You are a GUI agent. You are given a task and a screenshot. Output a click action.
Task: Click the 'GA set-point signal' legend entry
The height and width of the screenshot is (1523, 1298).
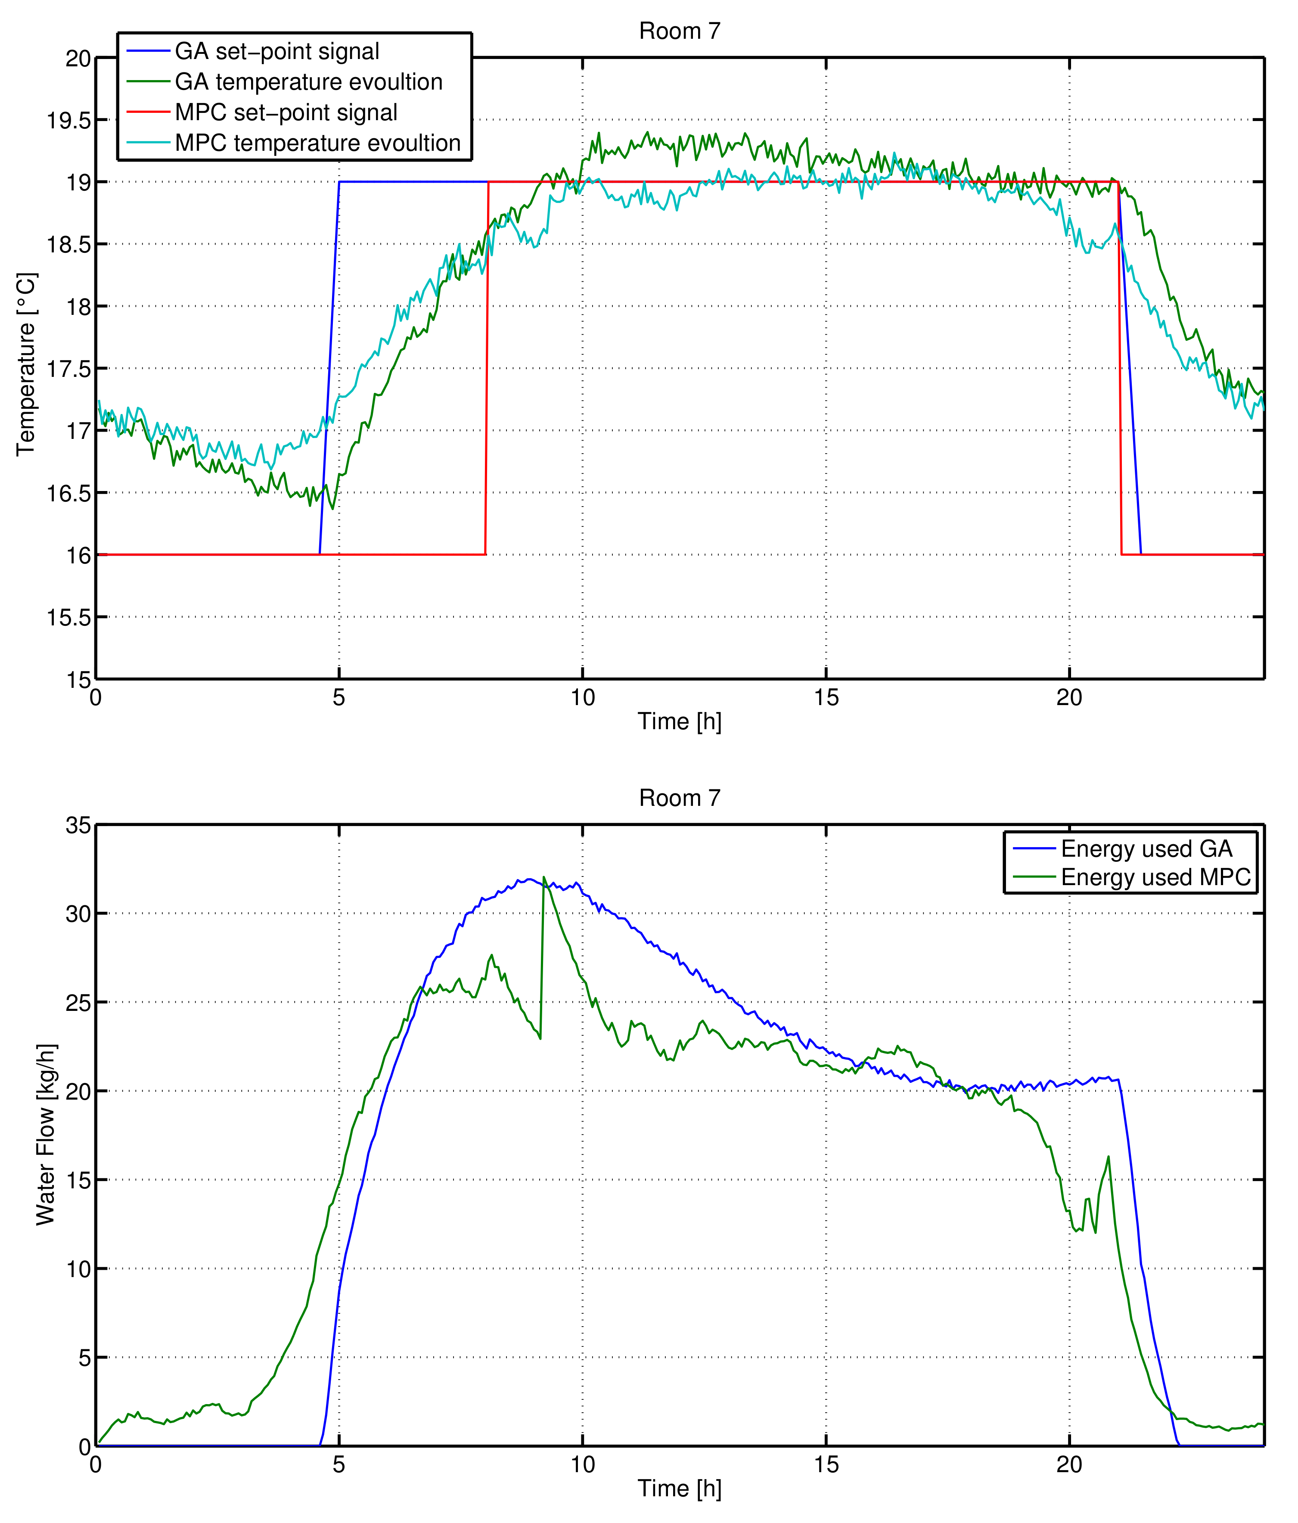[276, 51]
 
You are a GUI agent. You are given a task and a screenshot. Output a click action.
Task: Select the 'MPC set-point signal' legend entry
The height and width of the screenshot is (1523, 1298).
[286, 112]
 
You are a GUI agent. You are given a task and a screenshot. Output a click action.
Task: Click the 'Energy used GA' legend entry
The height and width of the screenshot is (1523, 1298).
[1146, 849]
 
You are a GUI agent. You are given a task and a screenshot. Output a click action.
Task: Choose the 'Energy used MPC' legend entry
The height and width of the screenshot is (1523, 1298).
[1155, 878]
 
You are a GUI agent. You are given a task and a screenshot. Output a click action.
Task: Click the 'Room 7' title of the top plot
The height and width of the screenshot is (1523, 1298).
[679, 31]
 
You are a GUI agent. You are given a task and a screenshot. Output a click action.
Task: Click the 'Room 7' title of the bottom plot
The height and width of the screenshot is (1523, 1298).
[679, 798]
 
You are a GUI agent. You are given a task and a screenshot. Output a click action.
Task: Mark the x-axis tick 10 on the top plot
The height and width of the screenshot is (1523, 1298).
[582, 698]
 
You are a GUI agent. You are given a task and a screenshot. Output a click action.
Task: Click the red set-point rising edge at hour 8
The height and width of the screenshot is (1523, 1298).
[487, 367]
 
